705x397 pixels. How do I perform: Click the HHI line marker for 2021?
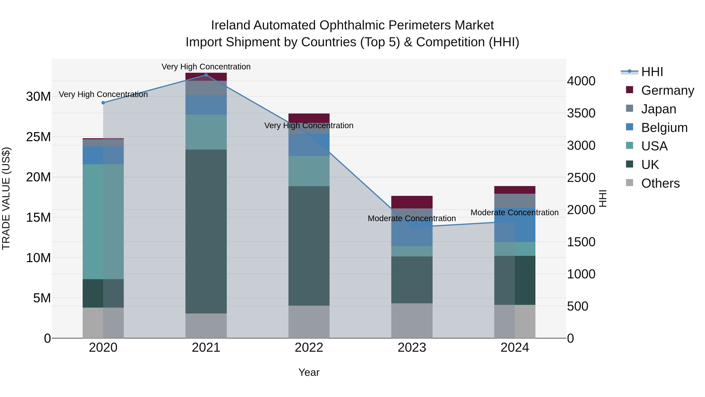206,75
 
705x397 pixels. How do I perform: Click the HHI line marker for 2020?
103,103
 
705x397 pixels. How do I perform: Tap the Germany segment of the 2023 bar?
412,202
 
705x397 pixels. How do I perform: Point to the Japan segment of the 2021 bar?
206,88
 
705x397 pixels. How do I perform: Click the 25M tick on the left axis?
38,137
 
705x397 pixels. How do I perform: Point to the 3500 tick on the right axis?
581,113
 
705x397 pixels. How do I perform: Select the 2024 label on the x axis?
514,348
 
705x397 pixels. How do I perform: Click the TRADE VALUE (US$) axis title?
6,198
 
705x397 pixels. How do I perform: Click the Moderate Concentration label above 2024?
514,213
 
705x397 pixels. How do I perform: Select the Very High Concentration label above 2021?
206,67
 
